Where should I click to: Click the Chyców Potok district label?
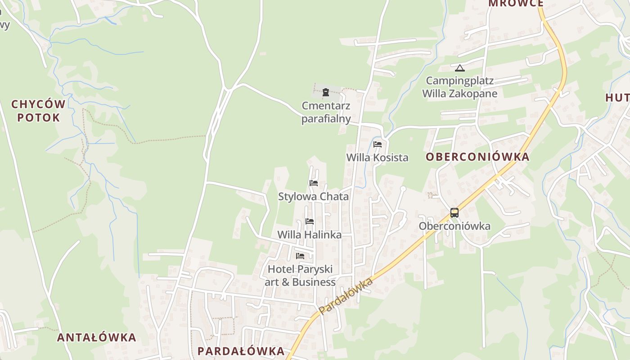(x=38, y=111)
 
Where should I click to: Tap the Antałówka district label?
(x=96, y=337)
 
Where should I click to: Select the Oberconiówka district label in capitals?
(x=477, y=157)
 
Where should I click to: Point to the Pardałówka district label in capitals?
(x=241, y=351)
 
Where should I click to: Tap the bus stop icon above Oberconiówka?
(x=454, y=213)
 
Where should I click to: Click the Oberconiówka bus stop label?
(x=454, y=226)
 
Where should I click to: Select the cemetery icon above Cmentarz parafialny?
(x=326, y=93)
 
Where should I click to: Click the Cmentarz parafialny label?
(x=326, y=112)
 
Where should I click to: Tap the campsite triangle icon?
(x=459, y=68)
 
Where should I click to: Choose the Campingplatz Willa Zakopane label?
(x=459, y=87)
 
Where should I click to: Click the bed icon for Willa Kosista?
(x=378, y=144)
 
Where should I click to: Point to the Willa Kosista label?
(x=377, y=157)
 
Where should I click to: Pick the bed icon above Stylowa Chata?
(x=314, y=183)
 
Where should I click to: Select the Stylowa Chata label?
(x=313, y=197)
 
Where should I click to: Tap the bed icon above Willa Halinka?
(x=310, y=221)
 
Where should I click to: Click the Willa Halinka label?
(x=309, y=234)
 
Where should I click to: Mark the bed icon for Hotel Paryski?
(x=300, y=256)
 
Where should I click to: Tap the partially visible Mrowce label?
(x=516, y=4)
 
